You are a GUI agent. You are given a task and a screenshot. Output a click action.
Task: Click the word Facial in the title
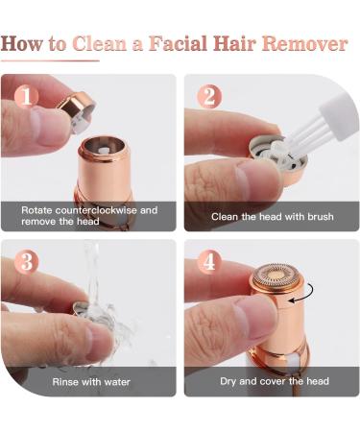pos(179,43)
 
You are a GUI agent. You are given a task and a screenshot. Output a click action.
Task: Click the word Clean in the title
pos(100,44)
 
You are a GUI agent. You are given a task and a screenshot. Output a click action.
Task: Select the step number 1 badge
pos(26,96)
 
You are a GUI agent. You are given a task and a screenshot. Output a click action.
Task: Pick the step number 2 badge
pos(209,96)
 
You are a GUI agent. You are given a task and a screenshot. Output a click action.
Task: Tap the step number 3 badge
pos(27,262)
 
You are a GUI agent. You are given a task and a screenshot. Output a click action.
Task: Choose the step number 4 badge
pos(209,262)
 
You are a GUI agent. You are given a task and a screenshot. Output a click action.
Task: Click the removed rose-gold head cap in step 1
pos(76,110)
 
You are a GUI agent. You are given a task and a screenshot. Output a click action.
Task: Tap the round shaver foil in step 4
pos(276,276)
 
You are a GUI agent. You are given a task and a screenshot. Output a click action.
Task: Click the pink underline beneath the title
pos(50,60)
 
